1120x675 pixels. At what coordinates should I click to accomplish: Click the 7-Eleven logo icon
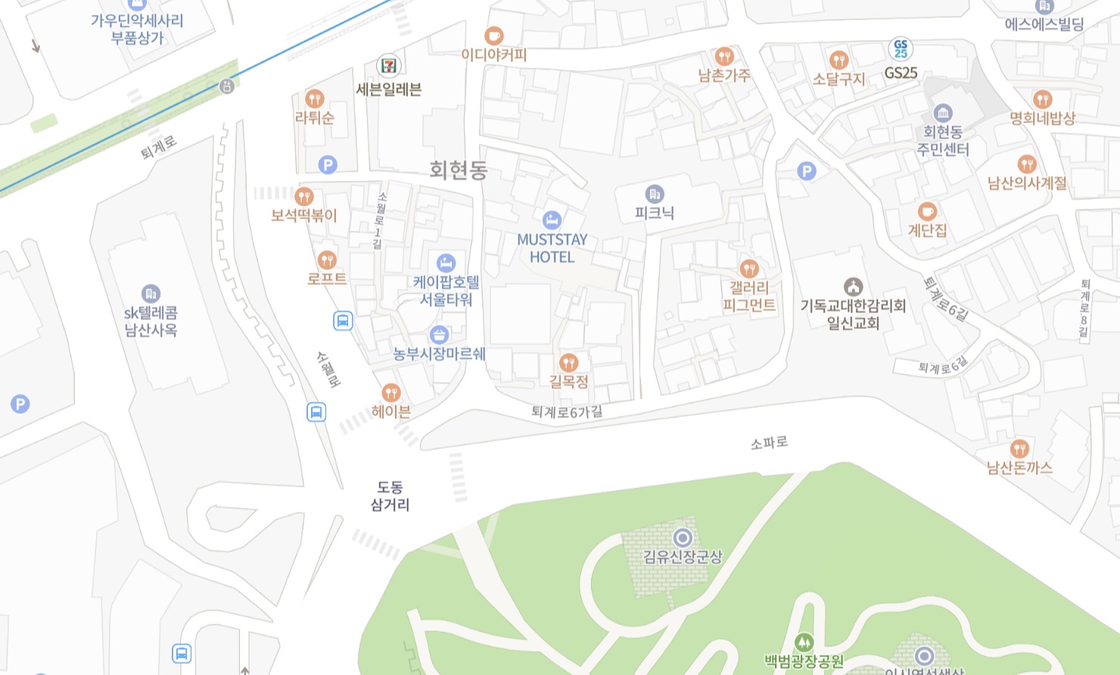pos(389,65)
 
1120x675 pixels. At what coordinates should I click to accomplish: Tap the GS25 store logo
pos(901,49)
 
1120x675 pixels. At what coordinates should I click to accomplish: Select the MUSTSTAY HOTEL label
pos(552,248)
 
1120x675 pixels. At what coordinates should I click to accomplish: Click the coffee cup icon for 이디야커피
pos(493,35)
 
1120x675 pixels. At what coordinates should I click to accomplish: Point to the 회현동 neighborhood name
pos(458,170)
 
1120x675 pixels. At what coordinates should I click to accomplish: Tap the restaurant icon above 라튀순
pos(314,98)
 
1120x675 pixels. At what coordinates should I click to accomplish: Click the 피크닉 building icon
pos(655,194)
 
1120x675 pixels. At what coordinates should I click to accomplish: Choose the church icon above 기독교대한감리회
pos(853,287)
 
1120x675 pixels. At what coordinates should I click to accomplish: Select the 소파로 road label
pos(769,442)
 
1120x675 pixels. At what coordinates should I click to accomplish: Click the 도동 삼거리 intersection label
pos(390,496)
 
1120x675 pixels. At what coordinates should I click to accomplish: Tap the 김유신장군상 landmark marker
pos(683,537)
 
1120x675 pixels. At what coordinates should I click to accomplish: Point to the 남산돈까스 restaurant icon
pos(1019,448)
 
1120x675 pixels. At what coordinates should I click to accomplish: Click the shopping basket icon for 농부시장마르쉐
pos(439,334)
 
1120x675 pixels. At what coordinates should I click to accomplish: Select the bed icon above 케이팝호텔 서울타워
pos(446,263)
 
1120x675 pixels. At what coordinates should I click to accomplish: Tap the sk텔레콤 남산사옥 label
pos(151,321)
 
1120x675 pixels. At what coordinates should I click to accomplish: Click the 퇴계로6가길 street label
pos(567,412)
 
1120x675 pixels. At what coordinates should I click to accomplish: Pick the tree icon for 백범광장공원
pos(804,642)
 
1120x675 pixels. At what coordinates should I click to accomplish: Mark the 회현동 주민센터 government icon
pos(942,114)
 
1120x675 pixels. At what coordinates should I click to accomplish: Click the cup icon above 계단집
pos(927,211)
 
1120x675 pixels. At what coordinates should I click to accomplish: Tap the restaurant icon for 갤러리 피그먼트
pos(748,269)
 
